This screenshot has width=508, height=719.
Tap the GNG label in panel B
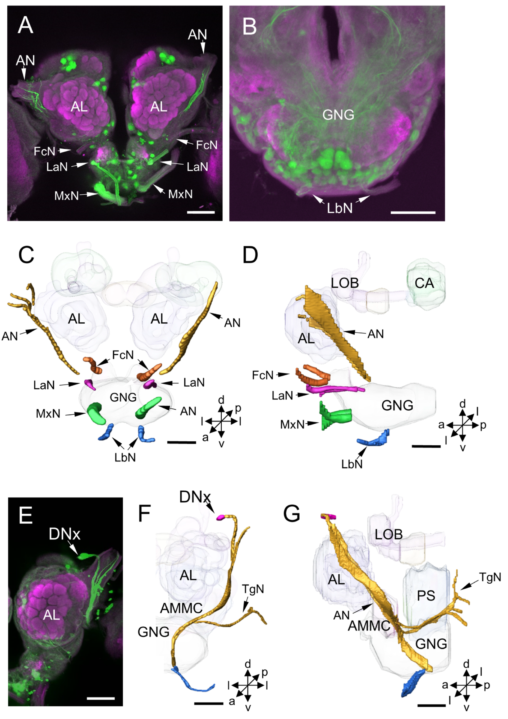(x=338, y=115)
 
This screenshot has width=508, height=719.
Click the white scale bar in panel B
(x=413, y=213)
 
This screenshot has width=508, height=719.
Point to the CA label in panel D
(x=424, y=283)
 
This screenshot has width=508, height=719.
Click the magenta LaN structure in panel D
(x=335, y=390)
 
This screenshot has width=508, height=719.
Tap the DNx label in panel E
(x=65, y=534)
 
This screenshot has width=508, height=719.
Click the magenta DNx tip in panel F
(x=221, y=517)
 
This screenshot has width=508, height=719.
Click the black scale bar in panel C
(x=182, y=442)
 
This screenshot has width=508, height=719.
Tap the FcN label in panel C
(x=123, y=355)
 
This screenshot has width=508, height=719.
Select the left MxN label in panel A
(x=66, y=196)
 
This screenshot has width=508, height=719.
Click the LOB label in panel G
(x=388, y=534)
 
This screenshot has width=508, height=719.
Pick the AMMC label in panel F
(x=181, y=608)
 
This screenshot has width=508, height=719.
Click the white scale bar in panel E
(x=100, y=698)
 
